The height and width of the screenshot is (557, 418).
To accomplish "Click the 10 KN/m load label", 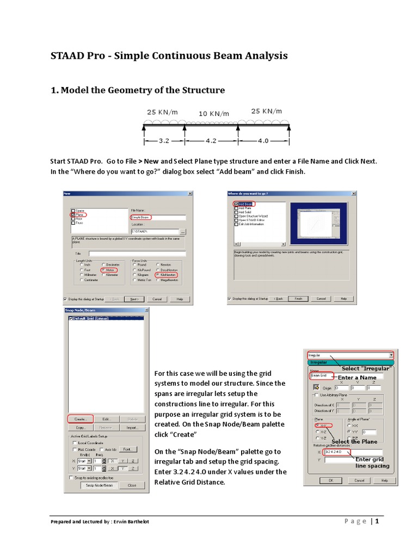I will click(x=213, y=114).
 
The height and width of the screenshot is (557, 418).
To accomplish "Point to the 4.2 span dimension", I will click(x=211, y=140).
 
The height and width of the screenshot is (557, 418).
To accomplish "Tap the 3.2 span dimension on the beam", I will click(x=164, y=140).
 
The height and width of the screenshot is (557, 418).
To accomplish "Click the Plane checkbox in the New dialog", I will click(x=73, y=215).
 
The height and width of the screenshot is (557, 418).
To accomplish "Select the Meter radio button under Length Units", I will click(x=103, y=270).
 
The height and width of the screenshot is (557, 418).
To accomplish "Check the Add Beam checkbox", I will click(x=236, y=203).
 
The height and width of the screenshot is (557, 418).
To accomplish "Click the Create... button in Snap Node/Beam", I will click(x=80, y=419).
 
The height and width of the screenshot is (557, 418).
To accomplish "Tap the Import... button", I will click(x=132, y=428).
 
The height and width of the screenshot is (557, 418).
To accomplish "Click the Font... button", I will click(x=126, y=449).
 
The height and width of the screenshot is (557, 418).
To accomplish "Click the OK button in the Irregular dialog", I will click(x=331, y=480).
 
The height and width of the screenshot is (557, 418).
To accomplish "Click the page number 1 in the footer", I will click(x=376, y=522).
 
